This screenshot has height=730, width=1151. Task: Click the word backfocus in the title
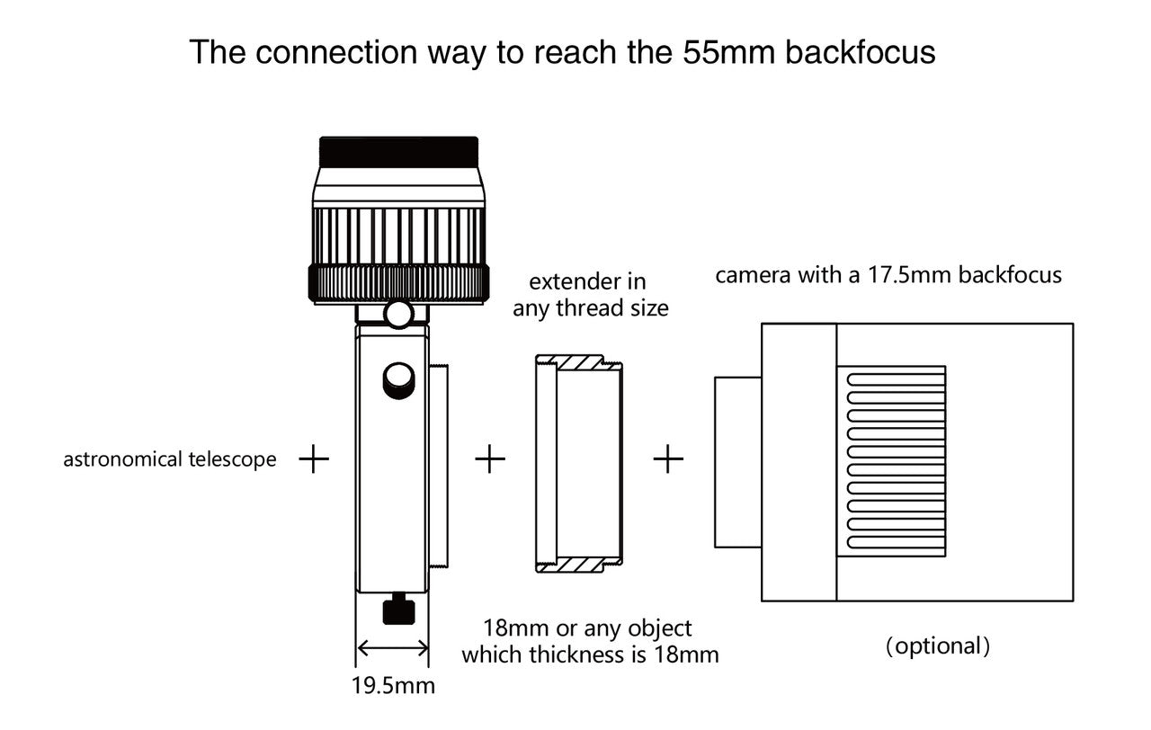[x=861, y=52]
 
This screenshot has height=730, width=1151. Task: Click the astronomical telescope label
[x=170, y=459]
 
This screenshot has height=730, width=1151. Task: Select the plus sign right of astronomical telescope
[x=313, y=459]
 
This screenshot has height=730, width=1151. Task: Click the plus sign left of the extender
[x=489, y=459]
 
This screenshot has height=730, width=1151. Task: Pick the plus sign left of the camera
[x=668, y=459]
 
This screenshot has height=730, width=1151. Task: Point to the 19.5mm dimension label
[x=393, y=686]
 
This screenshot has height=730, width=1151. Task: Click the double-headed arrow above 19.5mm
[x=393, y=647]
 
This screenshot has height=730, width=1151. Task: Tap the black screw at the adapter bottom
[x=397, y=611]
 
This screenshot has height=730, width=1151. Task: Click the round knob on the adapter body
[x=398, y=378]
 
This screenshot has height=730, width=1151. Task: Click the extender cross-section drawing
[x=578, y=464]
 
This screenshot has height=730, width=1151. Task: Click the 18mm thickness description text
[x=590, y=641]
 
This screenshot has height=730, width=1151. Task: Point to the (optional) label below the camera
[x=938, y=645]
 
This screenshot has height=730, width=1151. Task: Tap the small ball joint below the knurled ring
[x=398, y=314]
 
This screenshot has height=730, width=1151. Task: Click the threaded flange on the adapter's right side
[x=438, y=466]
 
